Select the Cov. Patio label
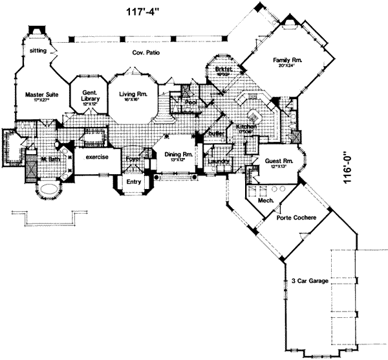146,52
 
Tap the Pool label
191,102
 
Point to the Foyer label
133,157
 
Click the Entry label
134,183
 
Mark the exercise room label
94,156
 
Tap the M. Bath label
50,159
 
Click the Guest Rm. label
280,161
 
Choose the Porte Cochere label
296,218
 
